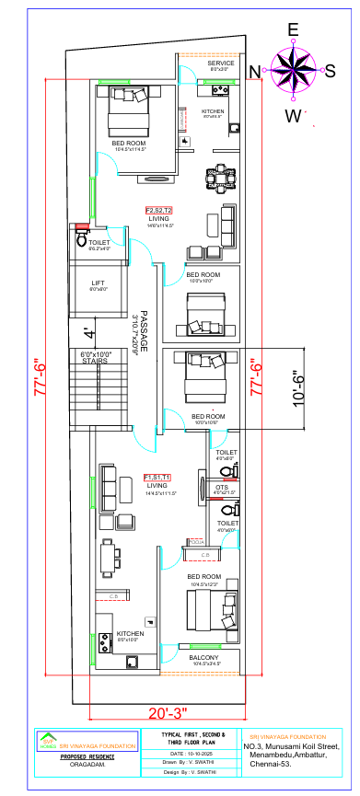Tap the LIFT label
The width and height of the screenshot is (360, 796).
99,284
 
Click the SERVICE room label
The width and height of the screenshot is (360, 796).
220,63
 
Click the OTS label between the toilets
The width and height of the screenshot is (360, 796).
221,487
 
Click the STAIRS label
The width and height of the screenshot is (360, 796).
95,362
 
